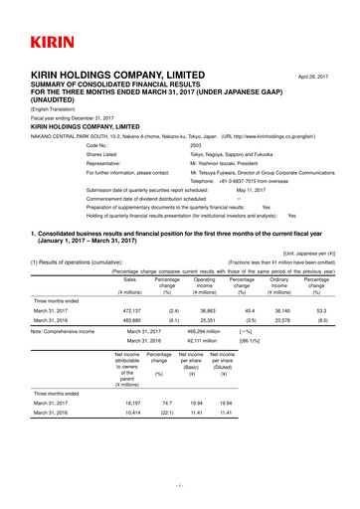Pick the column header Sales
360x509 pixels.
[128, 281]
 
